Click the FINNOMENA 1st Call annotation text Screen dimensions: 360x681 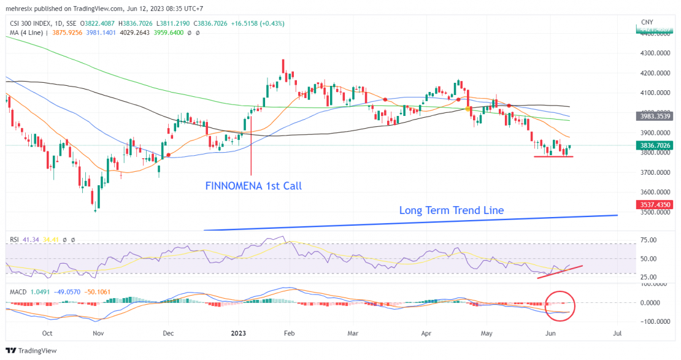pyautogui.click(x=253, y=185)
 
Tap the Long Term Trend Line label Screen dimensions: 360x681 pyautogui.click(x=452, y=210)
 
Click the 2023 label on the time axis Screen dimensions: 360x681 pyautogui.click(x=238, y=333)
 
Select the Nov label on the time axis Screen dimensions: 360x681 pyautogui.click(x=98, y=333)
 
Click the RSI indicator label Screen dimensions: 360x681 pyautogui.click(x=15, y=239)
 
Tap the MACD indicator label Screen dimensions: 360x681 pyautogui.click(x=18, y=291)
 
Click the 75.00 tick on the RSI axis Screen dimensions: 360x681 pyautogui.click(x=648, y=240)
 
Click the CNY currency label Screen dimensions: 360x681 pyautogui.click(x=647, y=22)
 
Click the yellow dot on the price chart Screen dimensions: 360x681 pyautogui.click(x=469, y=109)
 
